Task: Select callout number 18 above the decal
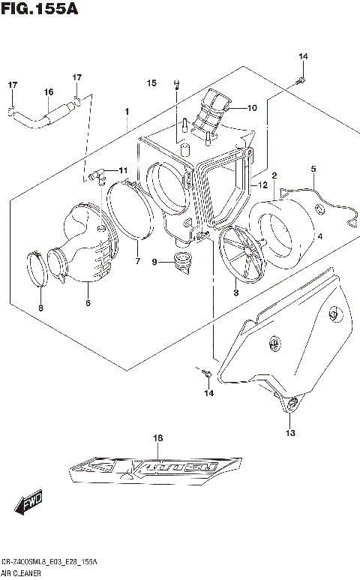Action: pos(157,437)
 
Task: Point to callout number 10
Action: pos(252,108)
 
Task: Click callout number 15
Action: pos(151,83)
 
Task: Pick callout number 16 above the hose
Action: pos(48,92)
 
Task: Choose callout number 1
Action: pos(127,111)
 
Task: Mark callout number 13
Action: pos(290,433)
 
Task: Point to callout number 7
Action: pos(137,261)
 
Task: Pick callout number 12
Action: pos(262,185)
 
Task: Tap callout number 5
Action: pos(313,169)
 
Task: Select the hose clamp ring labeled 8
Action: pos(38,269)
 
